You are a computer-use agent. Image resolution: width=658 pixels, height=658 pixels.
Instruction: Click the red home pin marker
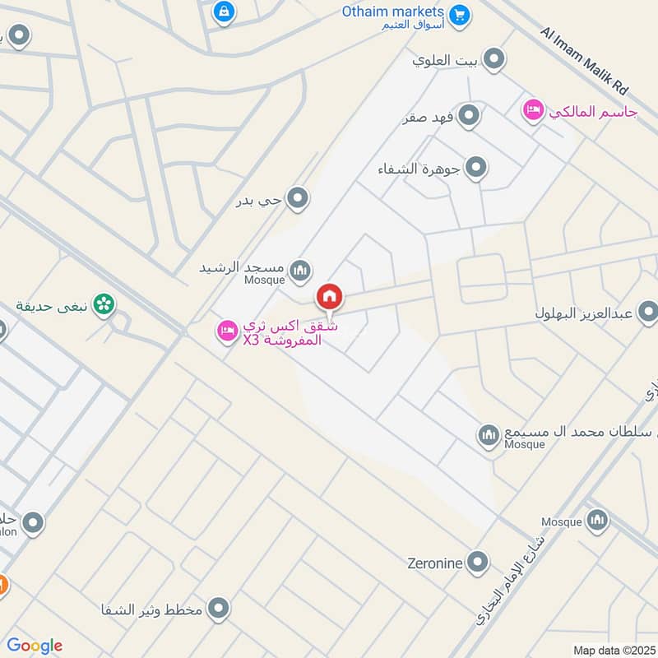[x=330, y=295]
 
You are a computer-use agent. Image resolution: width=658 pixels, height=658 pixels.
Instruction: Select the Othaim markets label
[x=394, y=13]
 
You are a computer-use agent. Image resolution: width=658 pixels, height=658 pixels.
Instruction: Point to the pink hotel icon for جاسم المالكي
[x=534, y=110]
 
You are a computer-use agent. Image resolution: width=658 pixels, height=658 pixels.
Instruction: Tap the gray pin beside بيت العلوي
[x=493, y=59]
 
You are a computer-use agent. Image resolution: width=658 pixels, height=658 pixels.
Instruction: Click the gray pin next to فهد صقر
[x=469, y=116]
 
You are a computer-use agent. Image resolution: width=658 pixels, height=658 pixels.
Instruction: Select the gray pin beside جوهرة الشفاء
[x=475, y=169]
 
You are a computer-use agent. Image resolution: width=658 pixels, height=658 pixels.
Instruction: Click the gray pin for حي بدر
[x=298, y=198]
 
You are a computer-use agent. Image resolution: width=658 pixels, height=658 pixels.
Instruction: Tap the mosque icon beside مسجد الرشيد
[x=301, y=268]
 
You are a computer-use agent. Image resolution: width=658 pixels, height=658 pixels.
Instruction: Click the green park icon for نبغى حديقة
[x=104, y=305]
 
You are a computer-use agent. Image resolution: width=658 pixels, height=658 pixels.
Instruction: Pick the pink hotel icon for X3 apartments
[x=226, y=331]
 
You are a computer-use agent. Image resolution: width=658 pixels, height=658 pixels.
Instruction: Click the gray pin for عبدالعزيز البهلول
[x=648, y=312]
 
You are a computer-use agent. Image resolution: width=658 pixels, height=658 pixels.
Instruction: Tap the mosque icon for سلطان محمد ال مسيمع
[x=489, y=433]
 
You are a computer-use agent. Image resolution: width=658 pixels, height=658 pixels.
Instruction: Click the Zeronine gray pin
[x=477, y=563]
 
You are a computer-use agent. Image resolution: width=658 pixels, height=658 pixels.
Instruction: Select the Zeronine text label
[x=435, y=564]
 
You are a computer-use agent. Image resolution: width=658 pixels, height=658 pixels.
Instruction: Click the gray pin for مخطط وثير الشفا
[x=218, y=609]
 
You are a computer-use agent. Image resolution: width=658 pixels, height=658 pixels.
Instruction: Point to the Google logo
[x=35, y=646]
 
